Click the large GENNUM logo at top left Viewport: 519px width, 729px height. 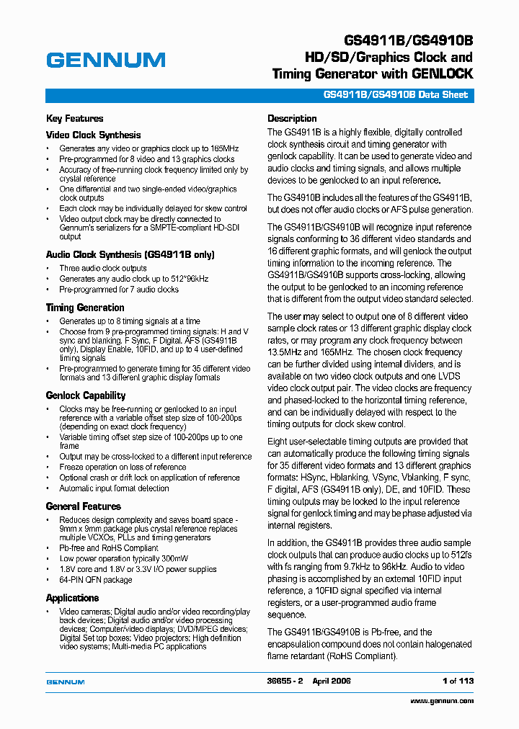click(105, 61)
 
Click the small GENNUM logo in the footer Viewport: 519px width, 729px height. click(66, 681)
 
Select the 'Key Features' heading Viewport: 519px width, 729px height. click(74, 119)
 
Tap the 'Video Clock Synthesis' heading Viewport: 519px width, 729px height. click(93, 135)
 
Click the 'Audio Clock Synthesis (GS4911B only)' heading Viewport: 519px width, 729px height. click(130, 254)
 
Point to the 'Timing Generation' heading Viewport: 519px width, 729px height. click(85, 308)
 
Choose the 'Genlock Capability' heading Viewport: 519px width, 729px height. click(85, 395)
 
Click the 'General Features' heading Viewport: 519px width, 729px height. click(83, 506)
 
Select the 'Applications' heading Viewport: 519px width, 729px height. click(72, 598)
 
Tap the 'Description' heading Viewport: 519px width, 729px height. click(292, 119)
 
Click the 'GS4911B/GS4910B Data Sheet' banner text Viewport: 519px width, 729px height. click(396, 95)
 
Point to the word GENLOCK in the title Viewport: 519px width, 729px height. click(443, 73)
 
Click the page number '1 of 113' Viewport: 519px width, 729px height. click(458, 681)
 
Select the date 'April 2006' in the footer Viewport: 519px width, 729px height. click(332, 681)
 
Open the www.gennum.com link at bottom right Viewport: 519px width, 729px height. click(442, 701)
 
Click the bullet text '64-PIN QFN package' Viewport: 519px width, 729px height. click(95, 580)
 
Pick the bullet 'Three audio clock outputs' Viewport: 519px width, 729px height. click(102, 268)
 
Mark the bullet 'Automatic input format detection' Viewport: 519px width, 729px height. click(114, 488)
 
